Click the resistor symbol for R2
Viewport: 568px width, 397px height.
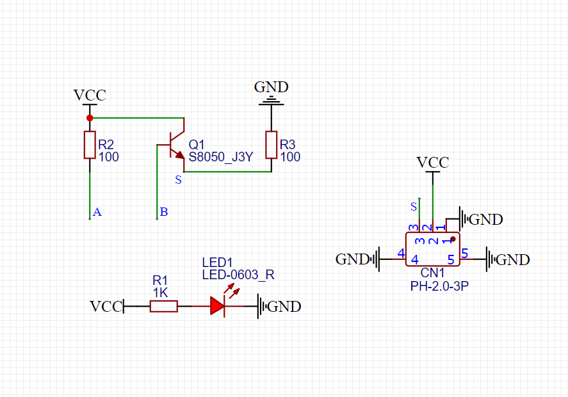90,145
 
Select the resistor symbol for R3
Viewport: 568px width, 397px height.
272,145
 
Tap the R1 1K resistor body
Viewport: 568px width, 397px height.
163,307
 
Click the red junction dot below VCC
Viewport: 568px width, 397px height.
90,118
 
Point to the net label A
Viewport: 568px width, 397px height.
97,212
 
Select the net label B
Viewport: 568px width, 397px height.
164,212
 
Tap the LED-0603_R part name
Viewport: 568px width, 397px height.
238,275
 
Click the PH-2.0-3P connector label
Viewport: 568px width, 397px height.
439,286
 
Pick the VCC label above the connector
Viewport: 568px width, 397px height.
433,162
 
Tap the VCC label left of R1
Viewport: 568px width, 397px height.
106,307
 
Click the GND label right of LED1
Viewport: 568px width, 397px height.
284,307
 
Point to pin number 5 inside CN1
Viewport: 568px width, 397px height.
451,260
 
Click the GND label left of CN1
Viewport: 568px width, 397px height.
353,259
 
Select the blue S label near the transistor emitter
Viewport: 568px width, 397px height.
178,181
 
